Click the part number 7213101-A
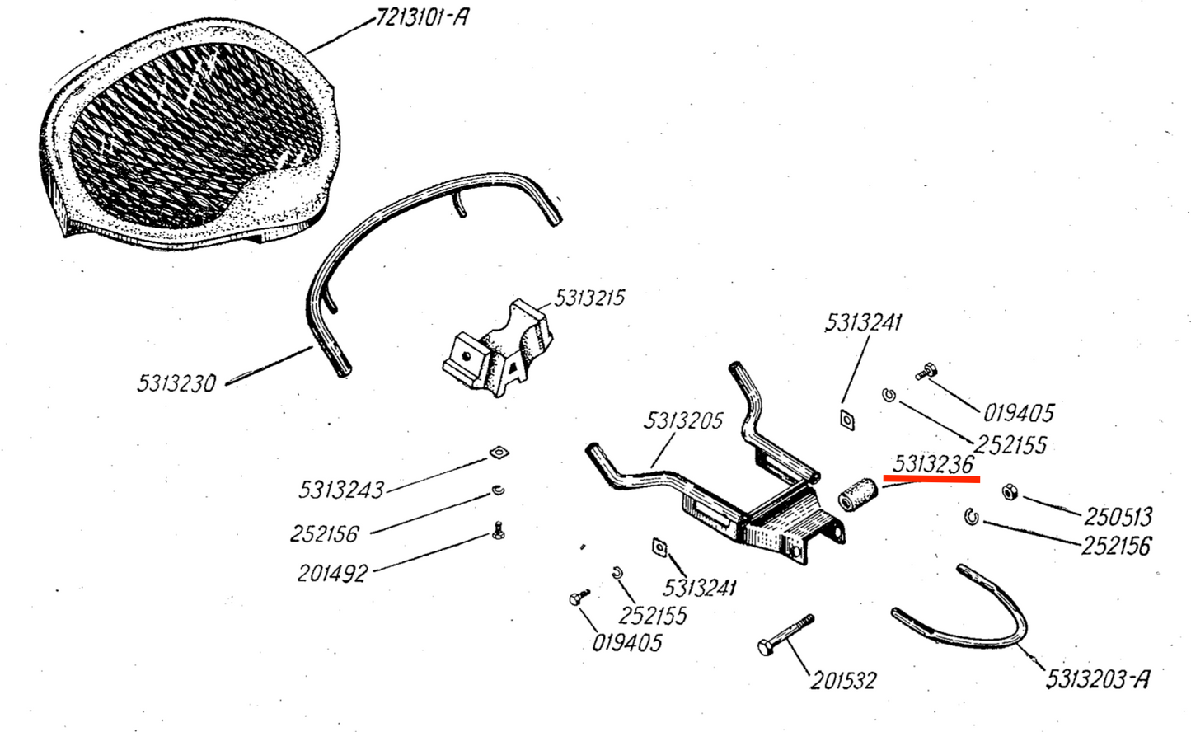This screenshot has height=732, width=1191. click(x=422, y=16)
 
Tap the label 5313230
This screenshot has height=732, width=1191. click(x=176, y=383)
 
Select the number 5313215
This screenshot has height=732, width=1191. click(x=589, y=298)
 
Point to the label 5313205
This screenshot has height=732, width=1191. click(x=683, y=421)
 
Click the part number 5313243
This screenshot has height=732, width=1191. click(x=340, y=490)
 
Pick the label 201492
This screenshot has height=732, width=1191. click(x=332, y=572)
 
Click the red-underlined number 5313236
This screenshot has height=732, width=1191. click(x=932, y=464)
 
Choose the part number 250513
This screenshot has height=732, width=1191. click(x=1117, y=517)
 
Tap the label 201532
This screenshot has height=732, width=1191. click(x=842, y=680)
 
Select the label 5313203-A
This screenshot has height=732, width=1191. click(x=1097, y=679)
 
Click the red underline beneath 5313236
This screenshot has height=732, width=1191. click(x=931, y=478)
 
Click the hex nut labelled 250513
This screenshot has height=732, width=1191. click(x=1007, y=492)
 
